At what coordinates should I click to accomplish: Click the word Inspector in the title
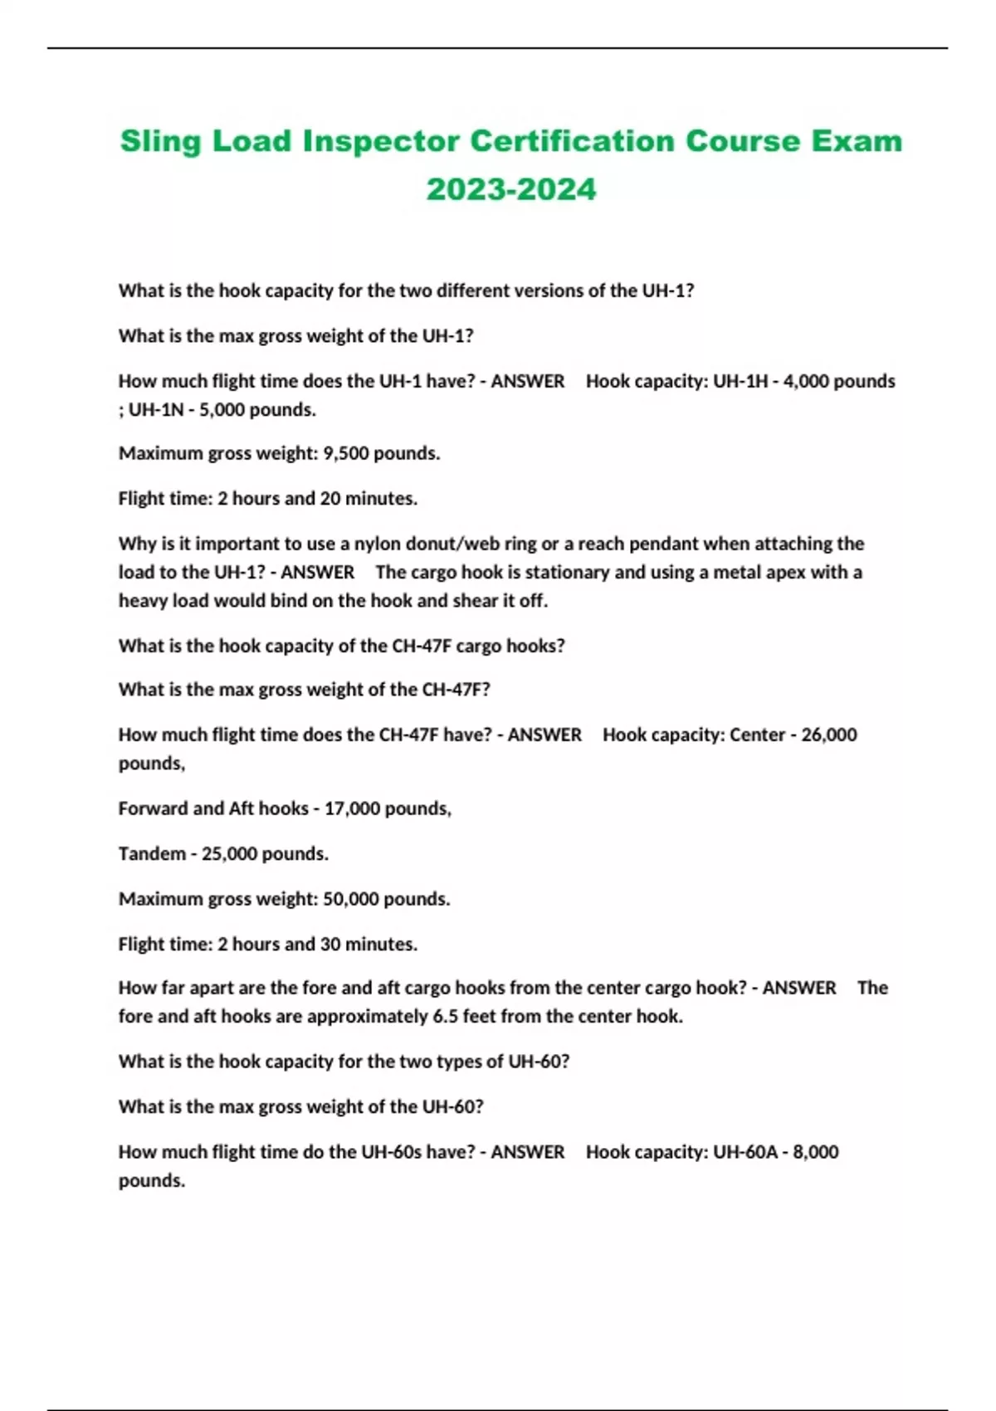(380, 141)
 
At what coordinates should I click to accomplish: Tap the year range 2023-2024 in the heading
(511, 189)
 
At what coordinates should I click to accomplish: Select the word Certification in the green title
(573, 141)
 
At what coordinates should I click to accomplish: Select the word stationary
(566, 572)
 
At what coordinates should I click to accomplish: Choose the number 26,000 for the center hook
(829, 735)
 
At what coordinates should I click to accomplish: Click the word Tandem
(152, 853)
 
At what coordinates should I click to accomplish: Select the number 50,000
(351, 899)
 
